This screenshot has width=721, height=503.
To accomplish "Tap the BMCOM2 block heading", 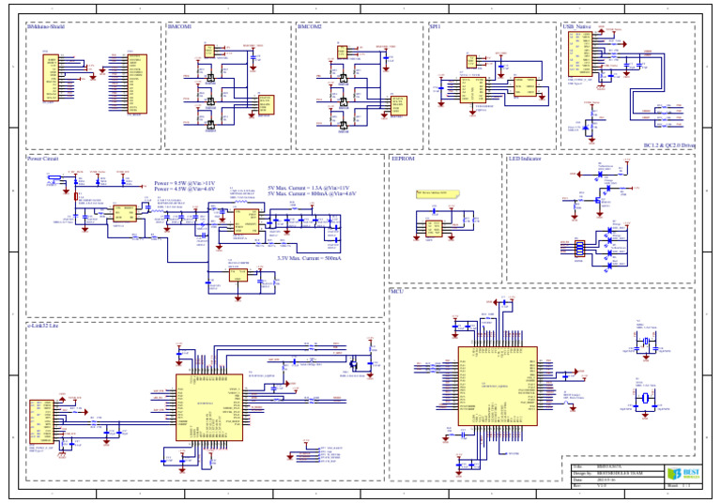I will [x=310, y=27].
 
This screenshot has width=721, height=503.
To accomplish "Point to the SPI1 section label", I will [x=435, y=27].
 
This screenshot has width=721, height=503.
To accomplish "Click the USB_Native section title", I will [x=576, y=27].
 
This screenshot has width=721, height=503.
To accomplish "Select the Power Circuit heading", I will [x=43, y=160].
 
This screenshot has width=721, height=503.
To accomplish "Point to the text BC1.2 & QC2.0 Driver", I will [x=668, y=145].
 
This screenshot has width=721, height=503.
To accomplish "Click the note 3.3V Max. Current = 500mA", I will [x=309, y=257].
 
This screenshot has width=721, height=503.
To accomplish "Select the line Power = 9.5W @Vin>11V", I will [x=184, y=182].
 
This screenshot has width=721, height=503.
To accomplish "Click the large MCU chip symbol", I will [x=497, y=386].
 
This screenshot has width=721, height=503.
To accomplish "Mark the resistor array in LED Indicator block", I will [x=579, y=248].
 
